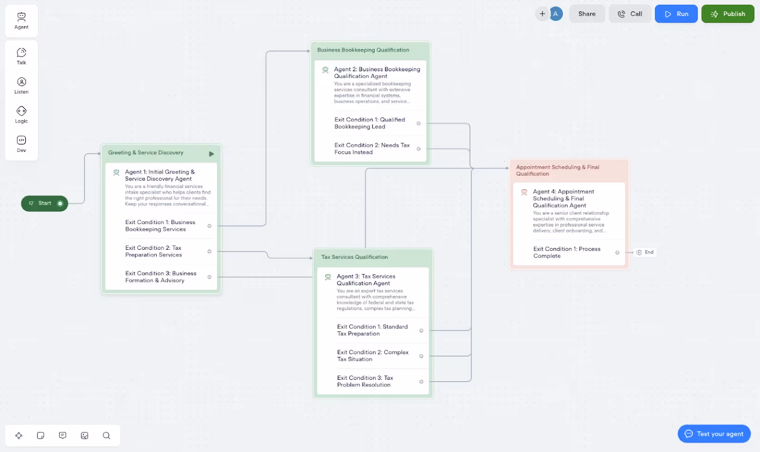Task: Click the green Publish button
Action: pos(728,14)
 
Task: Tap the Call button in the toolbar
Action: pos(630,14)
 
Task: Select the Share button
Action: pos(587,14)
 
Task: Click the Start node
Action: pos(45,204)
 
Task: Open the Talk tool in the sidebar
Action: pos(21,56)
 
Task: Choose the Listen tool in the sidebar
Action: pos(21,85)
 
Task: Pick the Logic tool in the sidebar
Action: pos(21,114)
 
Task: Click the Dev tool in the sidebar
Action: pos(21,144)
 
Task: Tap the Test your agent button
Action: pos(714,433)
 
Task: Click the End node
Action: pos(645,252)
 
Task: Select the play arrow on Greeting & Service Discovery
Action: pos(211,154)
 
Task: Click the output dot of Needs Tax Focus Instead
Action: pos(418,149)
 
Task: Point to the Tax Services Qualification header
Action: pos(354,257)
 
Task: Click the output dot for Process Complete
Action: pos(617,253)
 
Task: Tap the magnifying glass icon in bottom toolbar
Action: pos(106,435)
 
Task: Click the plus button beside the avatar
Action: pos(542,14)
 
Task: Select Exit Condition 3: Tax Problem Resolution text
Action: pos(365,381)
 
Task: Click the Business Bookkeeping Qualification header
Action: pos(363,50)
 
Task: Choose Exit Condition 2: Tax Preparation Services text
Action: pos(153,251)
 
